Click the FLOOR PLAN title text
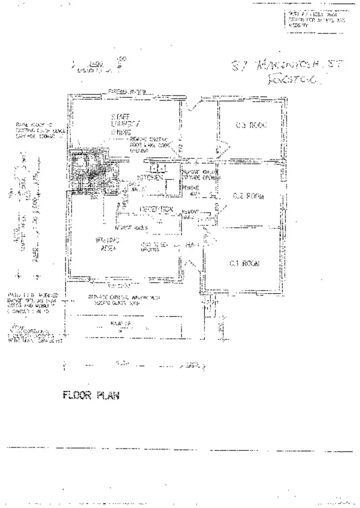pos(91,396)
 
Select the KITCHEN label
pos(150,178)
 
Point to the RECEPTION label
pos(156,209)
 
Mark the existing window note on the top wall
pos(127,91)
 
